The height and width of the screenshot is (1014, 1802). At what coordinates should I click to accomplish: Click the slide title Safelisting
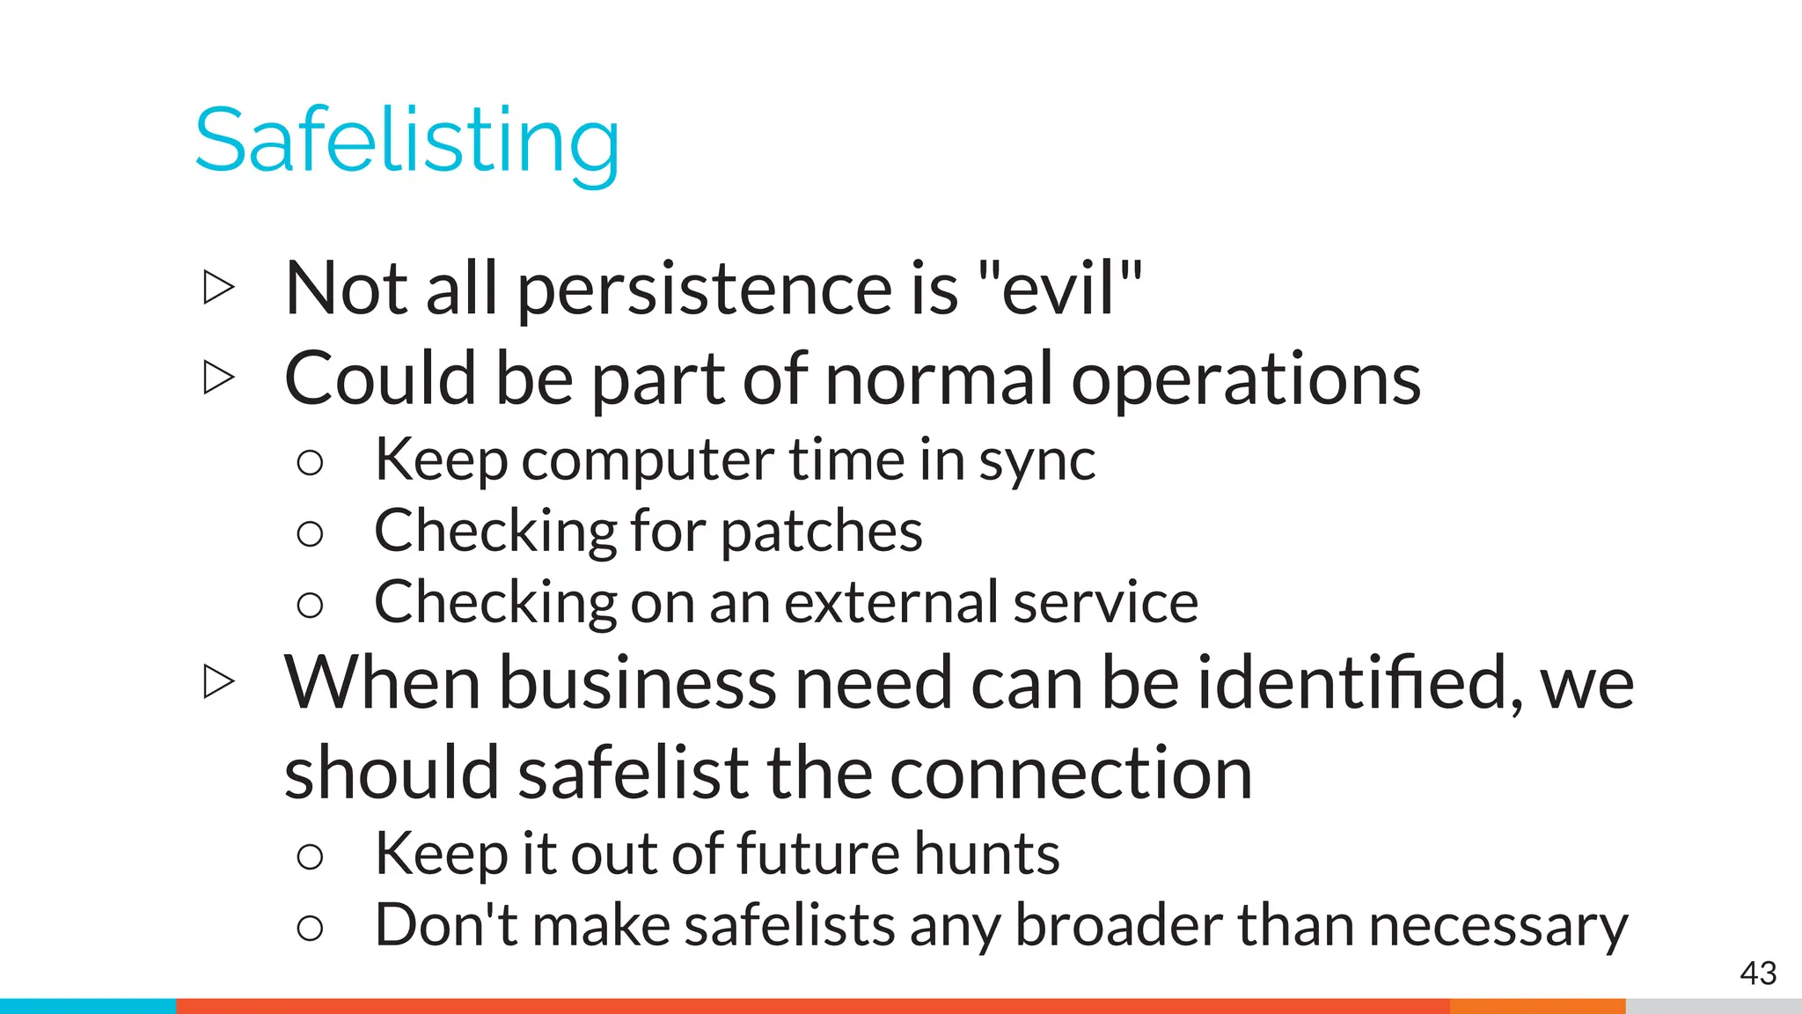(407, 141)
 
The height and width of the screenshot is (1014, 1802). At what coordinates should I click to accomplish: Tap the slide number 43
(1758, 973)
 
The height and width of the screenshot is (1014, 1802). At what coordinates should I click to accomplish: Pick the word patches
(822, 533)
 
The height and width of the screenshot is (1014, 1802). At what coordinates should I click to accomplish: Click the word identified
(1359, 682)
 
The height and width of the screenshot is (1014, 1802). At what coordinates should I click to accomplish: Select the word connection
(1071, 773)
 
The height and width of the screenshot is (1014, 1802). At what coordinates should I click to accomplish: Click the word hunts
(986, 853)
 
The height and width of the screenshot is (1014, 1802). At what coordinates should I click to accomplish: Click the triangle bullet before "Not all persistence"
(218, 288)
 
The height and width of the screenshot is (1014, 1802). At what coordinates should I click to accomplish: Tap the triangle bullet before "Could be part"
(218, 378)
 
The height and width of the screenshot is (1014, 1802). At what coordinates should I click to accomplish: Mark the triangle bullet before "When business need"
(218, 681)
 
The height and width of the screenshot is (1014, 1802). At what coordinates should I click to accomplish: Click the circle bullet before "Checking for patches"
(310, 533)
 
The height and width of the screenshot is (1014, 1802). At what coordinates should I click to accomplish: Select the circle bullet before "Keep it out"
(310, 856)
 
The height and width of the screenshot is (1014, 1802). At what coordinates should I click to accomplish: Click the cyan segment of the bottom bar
(88, 1006)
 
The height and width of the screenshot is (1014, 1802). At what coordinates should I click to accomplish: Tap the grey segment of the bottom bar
(1713, 1006)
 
